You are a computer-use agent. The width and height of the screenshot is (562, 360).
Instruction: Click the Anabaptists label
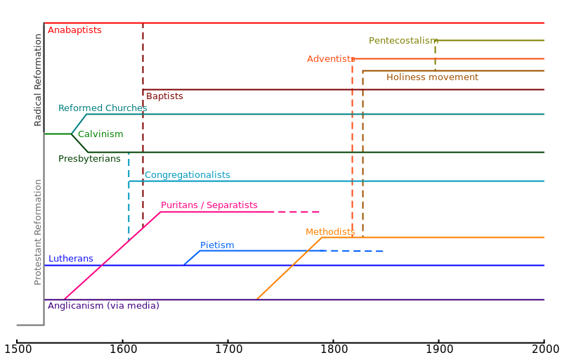coord(74,30)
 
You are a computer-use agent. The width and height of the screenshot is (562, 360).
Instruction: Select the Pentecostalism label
coord(403,41)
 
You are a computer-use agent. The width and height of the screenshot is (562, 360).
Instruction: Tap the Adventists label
coord(330,59)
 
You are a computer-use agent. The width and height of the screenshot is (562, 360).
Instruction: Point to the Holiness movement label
coord(432,77)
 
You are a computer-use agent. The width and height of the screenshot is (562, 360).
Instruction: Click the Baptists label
coord(164,96)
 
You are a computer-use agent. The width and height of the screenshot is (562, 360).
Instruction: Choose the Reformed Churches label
coord(103,108)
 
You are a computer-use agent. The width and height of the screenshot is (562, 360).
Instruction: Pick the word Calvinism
coord(100,134)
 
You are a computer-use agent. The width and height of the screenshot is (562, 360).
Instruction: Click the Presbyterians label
coord(89,159)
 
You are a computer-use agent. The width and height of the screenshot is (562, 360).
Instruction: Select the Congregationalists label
coord(187,175)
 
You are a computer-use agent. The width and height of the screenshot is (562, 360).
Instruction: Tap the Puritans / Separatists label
coord(209,205)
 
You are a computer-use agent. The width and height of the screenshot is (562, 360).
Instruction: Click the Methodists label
coord(329,232)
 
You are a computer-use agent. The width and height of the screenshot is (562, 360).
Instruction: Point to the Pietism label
coord(217,245)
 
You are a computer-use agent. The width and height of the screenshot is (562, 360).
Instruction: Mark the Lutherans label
coord(70,259)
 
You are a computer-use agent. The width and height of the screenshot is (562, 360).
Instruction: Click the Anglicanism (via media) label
coord(103,306)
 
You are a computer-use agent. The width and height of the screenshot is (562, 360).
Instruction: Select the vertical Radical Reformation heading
coord(39,79)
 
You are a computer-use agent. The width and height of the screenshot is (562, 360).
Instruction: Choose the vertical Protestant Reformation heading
coord(39,232)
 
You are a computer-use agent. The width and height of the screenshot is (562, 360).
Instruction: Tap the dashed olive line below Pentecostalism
coord(436,56)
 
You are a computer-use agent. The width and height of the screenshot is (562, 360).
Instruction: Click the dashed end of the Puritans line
coord(299,212)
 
